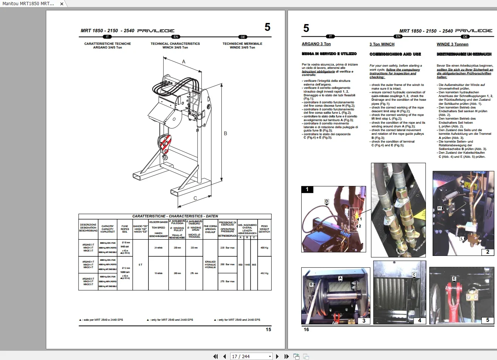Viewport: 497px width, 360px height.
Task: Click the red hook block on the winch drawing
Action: [165, 144]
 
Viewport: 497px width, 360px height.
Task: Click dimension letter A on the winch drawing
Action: [184, 62]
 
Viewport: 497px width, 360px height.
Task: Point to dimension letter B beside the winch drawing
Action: [225, 133]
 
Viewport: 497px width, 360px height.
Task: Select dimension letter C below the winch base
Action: [195, 198]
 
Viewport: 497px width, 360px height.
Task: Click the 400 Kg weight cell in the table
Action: [264, 248]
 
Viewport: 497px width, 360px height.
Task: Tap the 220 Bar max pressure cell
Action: [227, 248]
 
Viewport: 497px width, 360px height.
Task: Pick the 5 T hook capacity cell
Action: [140, 265]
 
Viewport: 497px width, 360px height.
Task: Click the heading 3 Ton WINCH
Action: [382, 44]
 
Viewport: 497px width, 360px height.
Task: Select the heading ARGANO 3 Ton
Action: [316, 44]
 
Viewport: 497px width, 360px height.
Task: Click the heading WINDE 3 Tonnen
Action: [452, 44]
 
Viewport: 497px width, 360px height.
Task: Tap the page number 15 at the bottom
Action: [268, 330]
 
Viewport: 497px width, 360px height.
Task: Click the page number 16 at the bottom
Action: [306, 330]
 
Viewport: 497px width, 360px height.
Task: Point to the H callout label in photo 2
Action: [439, 208]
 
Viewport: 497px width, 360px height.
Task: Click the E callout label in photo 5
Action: [454, 279]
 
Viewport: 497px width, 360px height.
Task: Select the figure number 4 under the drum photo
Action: [419, 320]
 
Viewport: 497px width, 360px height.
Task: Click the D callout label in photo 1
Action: [326, 201]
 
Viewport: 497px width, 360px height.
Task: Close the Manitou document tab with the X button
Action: [62, 4]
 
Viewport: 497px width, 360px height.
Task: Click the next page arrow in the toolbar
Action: [277, 356]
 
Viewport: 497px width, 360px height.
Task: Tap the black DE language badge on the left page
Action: [243, 37]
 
